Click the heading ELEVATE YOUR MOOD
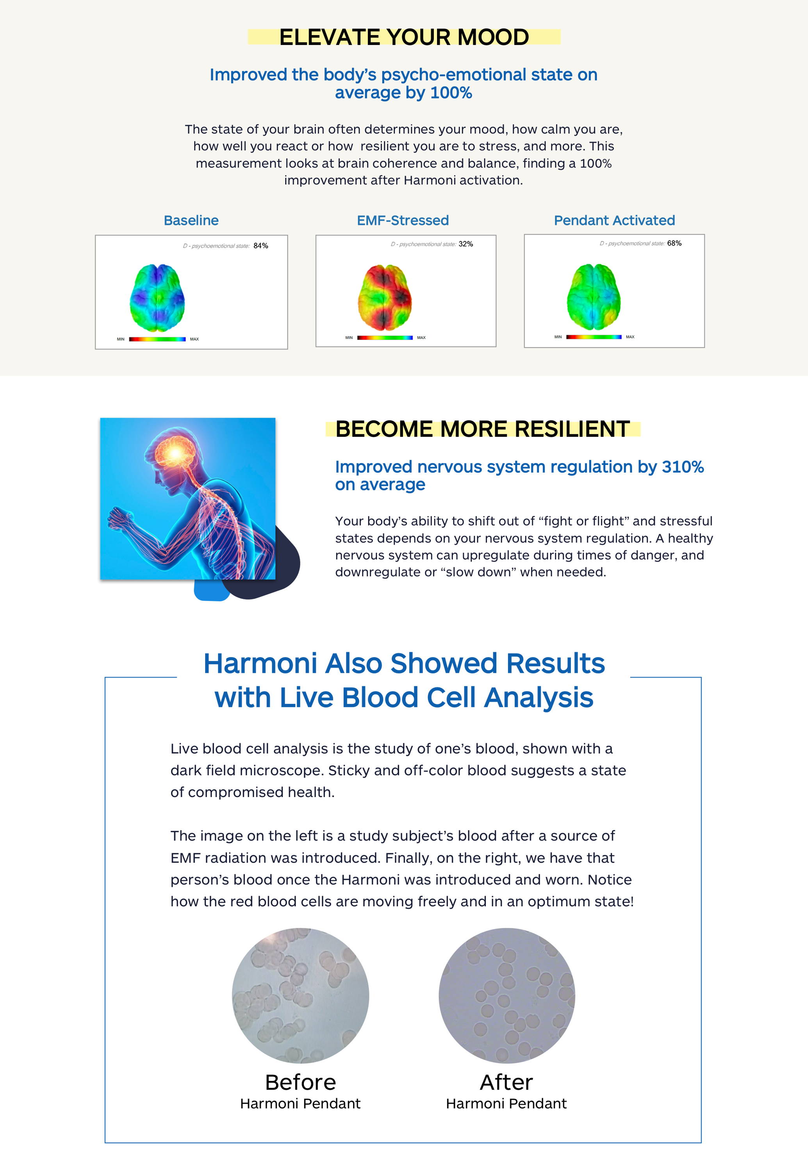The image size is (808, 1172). click(x=404, y=37)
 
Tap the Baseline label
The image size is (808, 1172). click(x=191, y=220)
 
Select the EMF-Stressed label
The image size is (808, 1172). click(x=403, y=220)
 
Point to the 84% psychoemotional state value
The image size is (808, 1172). click(x=261, y=246)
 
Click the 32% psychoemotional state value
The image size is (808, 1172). click(x=466, y=244)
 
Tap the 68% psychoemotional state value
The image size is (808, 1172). click(x=674, y=243)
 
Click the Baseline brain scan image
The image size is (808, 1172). click(x=157, y=297)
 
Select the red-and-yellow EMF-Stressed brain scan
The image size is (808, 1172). click(x=385, y=297)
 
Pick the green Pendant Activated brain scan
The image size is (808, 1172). click(x=594, y=297)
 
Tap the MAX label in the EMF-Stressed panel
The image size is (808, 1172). click(x=421, y=337)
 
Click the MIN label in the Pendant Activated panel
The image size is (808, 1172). click(x=558, y=337)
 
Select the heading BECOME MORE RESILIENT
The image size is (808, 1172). click(x=482, y=429)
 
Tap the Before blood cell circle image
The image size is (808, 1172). click(x=301, y=995)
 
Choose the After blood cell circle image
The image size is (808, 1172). click(x=507, y=995)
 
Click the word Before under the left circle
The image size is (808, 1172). click(x=301, y=1083)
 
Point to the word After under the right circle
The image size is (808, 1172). click(x=506, y=1083)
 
